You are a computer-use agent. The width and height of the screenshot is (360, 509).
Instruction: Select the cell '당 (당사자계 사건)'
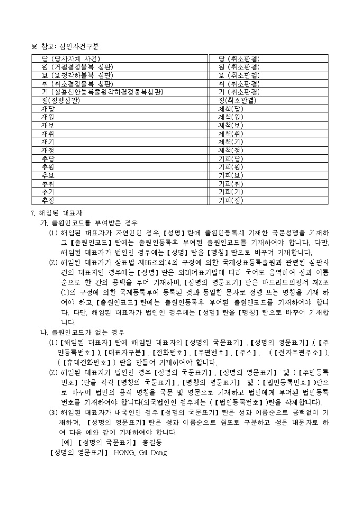click(71, 59)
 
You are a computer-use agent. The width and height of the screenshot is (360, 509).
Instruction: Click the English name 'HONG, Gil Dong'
click(140, 452)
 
